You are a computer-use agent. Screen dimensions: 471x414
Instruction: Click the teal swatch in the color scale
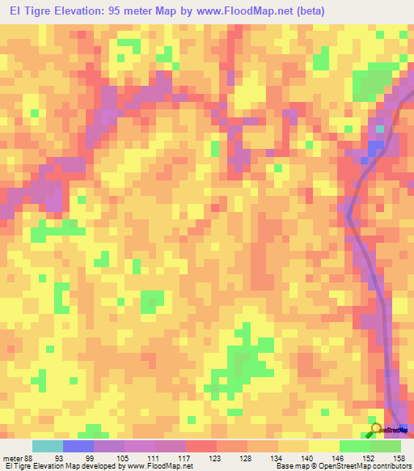pyautogui.click(x=48, y=446)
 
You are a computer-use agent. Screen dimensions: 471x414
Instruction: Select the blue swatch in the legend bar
pyautogui.click(x=78, y=446)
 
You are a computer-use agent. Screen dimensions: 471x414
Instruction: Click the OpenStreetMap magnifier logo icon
pyautogui.click(x=376, y=428)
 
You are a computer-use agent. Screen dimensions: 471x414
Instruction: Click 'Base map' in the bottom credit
pyautogui.click(x=292, y=466)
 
